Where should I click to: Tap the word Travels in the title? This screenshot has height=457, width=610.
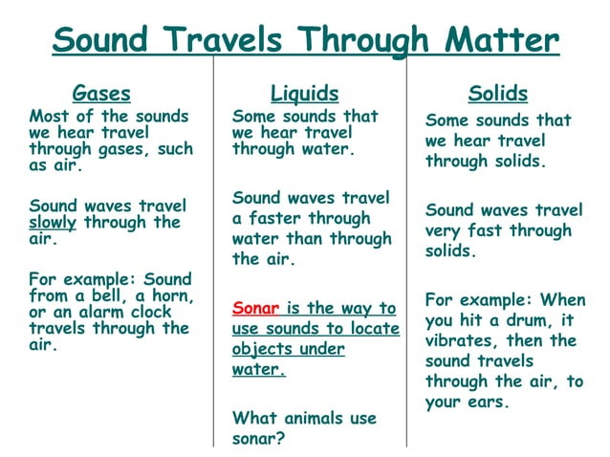click(x=223, y=40)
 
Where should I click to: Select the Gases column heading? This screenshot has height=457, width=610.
click(x=101, y=94)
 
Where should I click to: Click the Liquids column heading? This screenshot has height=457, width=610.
click(x=304, y=94)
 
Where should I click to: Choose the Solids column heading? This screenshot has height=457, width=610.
click(x=498, y=94)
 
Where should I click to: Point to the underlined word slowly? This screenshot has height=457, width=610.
click(x=53, y=222)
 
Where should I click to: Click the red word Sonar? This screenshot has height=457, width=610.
click(x=255, y=308)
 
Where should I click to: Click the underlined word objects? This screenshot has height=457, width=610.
click(x=261, y=350)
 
